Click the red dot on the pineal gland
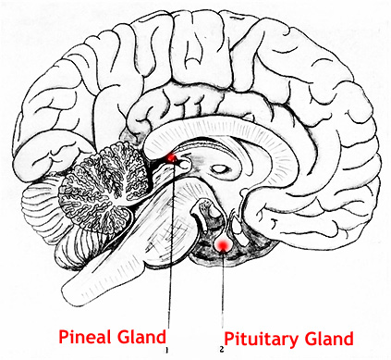(x=171, y=158)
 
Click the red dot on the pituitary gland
(x=222, y=245)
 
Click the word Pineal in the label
(x=86, y=337)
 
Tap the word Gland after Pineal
(x=142, y=337)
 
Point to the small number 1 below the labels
(x=166, y=350)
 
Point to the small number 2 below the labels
(x=222, y=350)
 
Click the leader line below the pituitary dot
(x=223, y=290)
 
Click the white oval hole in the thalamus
(x=220, y=168)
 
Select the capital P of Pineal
(x=64, y=337)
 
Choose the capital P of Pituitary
(x=229, y=339)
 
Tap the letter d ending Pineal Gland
(x=161, y=337)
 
